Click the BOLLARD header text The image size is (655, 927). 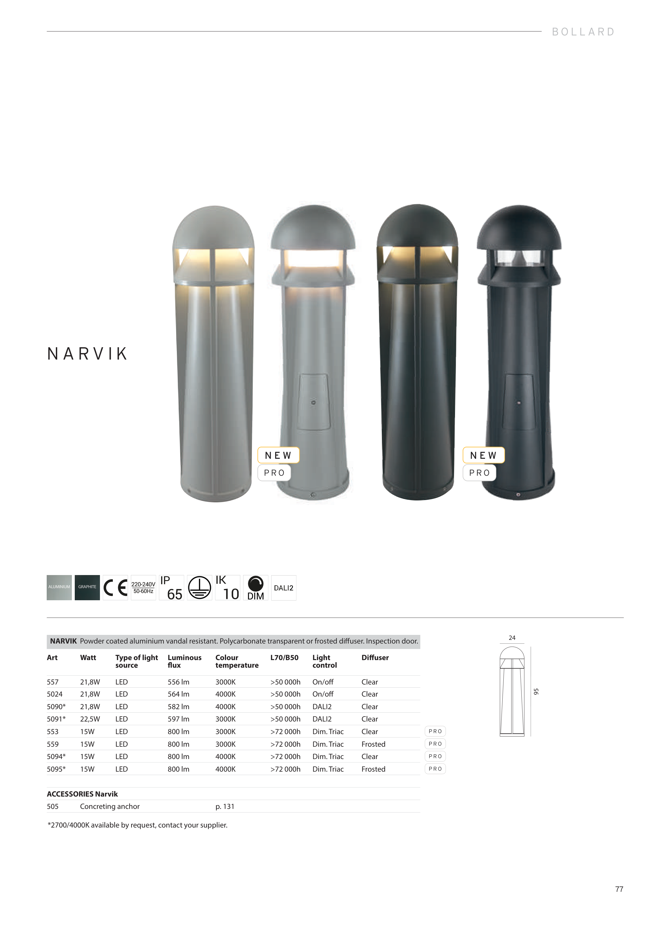tap(583, 32)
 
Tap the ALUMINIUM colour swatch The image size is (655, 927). tap(59, 587)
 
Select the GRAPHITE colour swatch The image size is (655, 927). tap(87, 587)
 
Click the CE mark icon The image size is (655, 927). tap(115, 587)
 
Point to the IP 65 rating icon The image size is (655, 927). tap(172, 587)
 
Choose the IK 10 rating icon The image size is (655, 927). tap(228, 587)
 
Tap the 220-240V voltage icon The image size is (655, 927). tap(143, 587)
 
